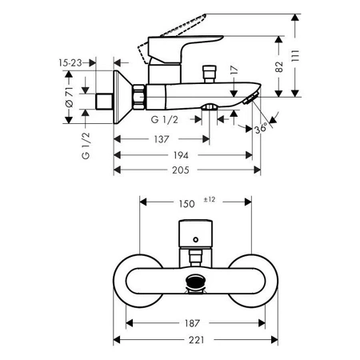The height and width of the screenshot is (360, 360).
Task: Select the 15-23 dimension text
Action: pos(70,61)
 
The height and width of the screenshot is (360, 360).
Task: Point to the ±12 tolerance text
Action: pos(210,198)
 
